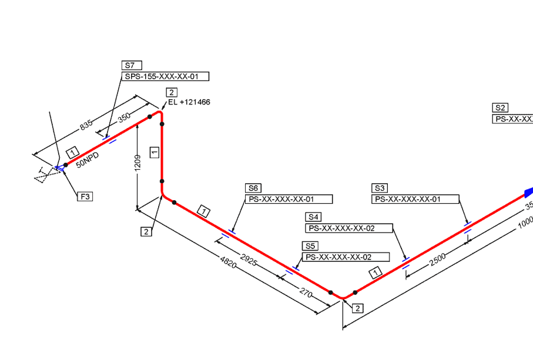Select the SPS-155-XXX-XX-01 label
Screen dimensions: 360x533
point(166,76)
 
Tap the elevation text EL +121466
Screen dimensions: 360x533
point(189,102)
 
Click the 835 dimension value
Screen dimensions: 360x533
point(86,125)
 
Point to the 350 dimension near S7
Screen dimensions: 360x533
point(124,117)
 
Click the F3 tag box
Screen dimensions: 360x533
point(86,196)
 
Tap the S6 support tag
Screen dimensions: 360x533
point(253,188)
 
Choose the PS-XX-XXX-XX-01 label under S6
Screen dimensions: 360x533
point(289,199)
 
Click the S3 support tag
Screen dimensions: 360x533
point(380,188)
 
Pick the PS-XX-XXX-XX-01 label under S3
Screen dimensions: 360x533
point(415,199)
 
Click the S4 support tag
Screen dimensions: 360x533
point(313,217)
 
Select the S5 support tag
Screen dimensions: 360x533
point(310,246)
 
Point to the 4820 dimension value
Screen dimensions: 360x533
point(229,262)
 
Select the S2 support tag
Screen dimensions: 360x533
point(500,108)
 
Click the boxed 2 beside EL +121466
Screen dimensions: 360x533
point(171,92)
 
